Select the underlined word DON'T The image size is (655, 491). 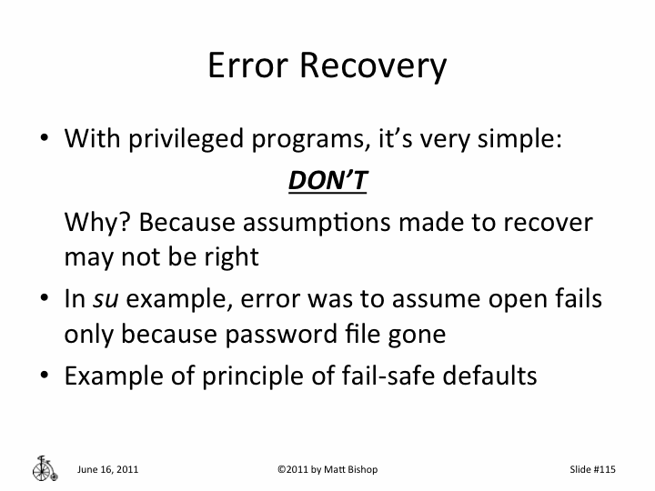click(x=327, y=182)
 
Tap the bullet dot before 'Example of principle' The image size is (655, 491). click(x=45, y=376)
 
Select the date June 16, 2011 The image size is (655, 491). click(x=108, y=469)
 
